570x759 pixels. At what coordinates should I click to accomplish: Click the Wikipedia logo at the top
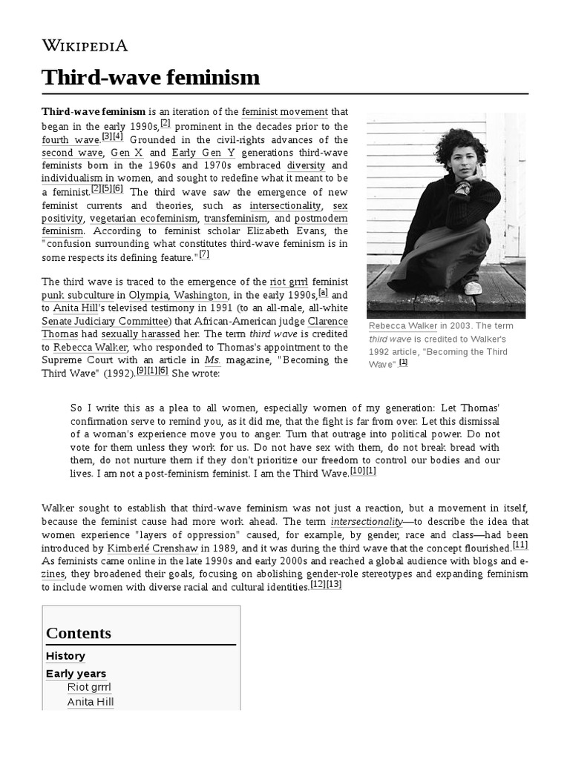point(85,45)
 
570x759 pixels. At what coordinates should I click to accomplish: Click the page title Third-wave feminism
point(151,77)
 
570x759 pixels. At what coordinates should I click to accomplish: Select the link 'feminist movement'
point(284,112)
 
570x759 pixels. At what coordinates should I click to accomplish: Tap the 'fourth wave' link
point(71,139)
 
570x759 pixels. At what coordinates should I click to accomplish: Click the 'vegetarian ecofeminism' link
point(144,219)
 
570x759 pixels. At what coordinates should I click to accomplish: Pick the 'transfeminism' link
point(236,219)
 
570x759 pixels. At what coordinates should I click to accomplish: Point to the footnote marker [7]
point(204,255)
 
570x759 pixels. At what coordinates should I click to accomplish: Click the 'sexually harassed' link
point(151,334)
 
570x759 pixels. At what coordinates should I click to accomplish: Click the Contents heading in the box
point(79,633)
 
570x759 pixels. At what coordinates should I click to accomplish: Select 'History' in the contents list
point(65,656)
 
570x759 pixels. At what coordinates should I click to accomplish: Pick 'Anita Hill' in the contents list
point(91,702)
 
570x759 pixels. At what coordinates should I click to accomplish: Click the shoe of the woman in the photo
point(472,287)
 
